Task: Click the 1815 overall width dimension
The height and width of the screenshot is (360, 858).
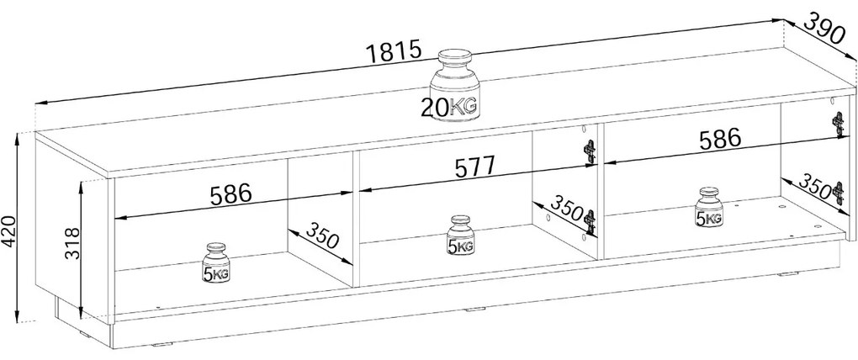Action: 394,52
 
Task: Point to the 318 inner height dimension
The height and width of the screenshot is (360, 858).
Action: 72,244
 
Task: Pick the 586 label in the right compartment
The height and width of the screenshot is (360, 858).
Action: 719,140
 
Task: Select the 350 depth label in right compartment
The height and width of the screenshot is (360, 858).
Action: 815,187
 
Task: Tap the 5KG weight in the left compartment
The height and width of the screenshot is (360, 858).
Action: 217,263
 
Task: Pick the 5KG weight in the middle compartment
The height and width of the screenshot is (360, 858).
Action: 459,236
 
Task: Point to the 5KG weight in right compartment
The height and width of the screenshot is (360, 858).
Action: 709,208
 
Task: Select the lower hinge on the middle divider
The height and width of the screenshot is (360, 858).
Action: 589,222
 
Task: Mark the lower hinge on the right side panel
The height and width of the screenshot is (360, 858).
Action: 838,193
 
